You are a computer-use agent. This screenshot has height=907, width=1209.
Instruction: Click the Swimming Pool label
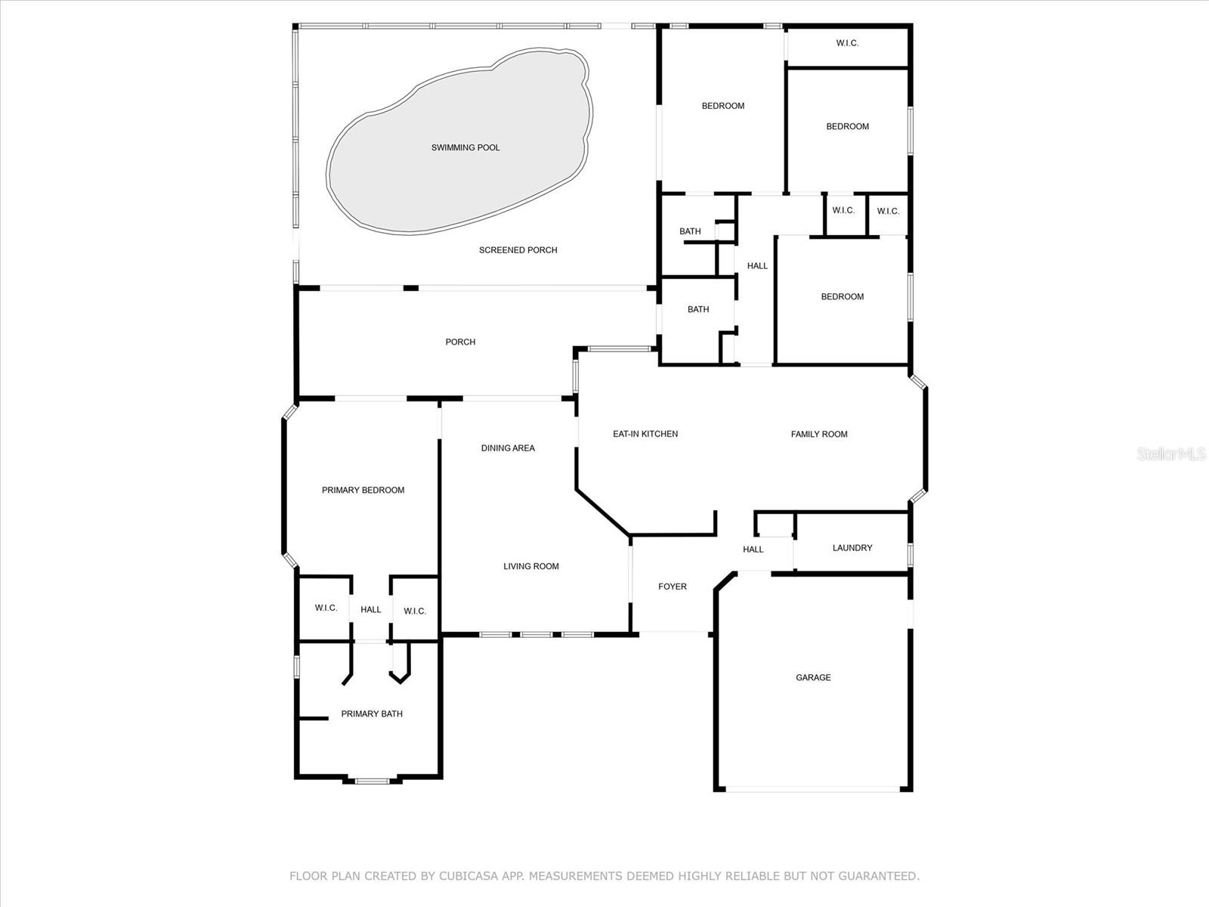click(x=465, y=147)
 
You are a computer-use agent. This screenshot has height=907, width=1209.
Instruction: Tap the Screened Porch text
click(x=518, y=250)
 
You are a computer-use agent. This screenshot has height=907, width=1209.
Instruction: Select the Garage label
click(x=813, y=677)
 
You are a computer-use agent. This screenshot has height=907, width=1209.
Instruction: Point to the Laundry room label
click(x=852, y=548)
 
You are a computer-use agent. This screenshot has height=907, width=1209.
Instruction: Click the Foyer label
click(x=673, y=587)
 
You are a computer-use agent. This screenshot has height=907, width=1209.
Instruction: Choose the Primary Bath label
click(x=372, y=714)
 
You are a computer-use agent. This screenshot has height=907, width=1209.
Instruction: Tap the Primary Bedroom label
click(x=363, y=490)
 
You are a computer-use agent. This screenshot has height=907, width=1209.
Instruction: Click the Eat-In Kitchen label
click(x=645, y=434)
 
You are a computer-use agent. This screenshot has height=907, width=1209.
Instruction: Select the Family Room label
click(x=819, y=434)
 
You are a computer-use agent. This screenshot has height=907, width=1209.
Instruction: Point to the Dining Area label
click(x=508, y=448)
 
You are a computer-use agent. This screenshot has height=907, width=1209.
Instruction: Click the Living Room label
click(x=531, y=566)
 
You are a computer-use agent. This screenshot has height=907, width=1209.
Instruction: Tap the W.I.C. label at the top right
click(x=847, y=43)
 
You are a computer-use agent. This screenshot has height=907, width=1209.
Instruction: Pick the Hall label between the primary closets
click(x=371, y=610)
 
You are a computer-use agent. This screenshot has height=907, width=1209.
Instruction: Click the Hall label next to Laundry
click(x=753, y=549)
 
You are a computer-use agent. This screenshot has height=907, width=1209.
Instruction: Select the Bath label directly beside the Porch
click(x=698, y=309)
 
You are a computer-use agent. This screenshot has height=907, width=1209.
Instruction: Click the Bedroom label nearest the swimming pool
click(x=722, y=106)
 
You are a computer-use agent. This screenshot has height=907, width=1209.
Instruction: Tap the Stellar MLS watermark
click(x=1171, y=453)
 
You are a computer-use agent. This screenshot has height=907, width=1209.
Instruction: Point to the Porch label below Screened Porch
click(x=460, y=342)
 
